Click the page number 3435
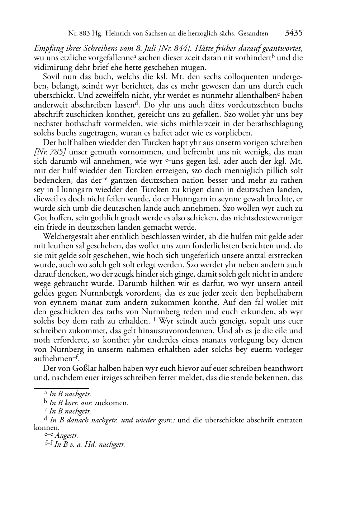pyautogui.click(x=294, y=33)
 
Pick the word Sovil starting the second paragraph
pyautogui.click(x=52, y=77)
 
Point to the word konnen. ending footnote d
pyautogui.click(x=47, y=427)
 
